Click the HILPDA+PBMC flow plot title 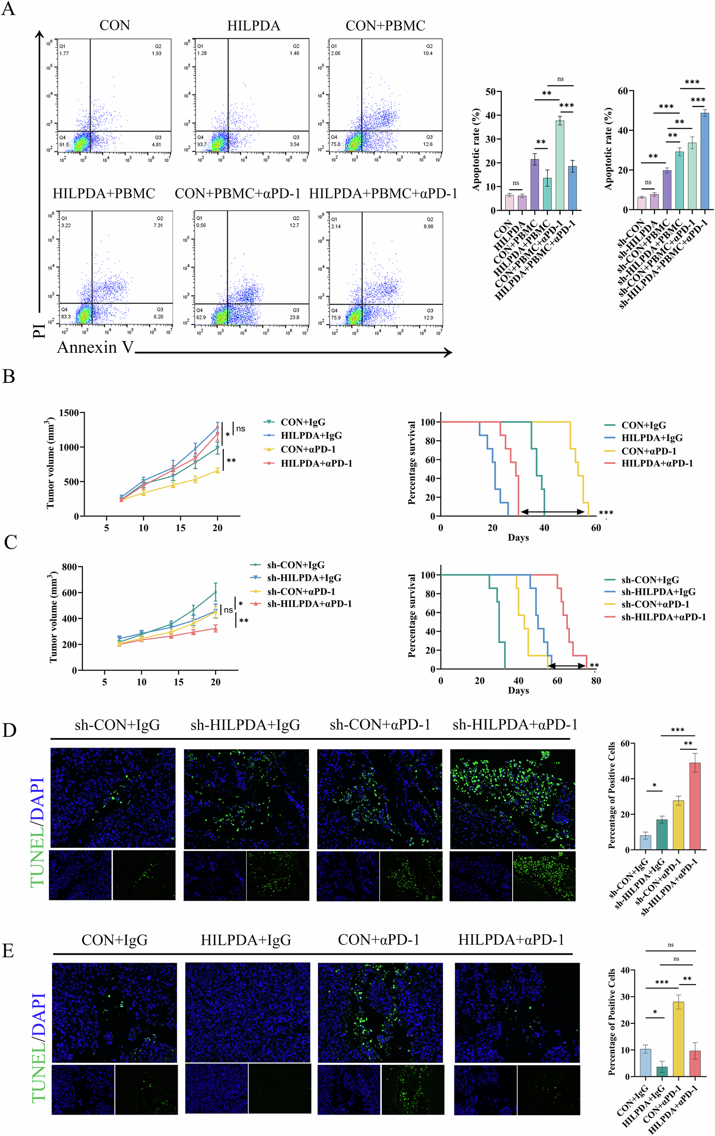[x=104, y=193]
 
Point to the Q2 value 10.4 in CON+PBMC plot [x=428, y=53]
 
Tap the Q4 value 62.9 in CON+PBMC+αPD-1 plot [x=201, y=318]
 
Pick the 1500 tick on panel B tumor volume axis [x=69, y=413]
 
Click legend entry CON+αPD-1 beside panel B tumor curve [x=308, y=449]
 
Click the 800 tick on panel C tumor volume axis [x=69, y=567]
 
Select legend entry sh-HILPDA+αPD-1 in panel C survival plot [x=663, y=617]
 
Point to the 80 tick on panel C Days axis [x=596, y=681]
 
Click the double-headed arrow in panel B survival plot [x=553, y=512]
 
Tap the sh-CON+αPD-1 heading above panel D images [x=380, y=725]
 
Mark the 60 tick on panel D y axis [x=625, y=744]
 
